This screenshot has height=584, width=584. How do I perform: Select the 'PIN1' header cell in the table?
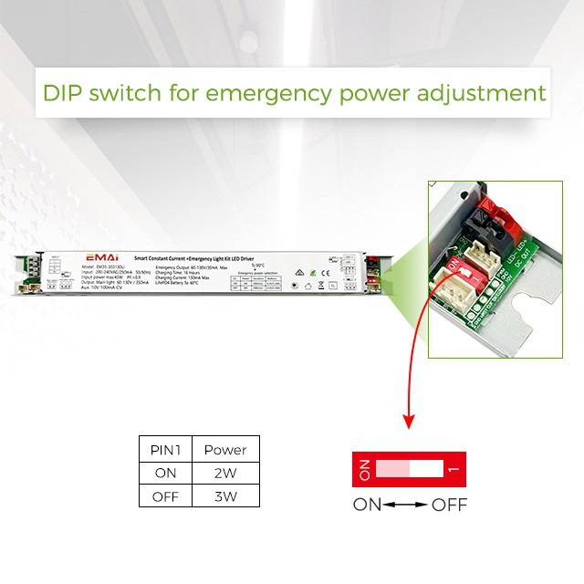point(165,450)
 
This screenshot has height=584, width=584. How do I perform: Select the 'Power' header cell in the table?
point(224,450)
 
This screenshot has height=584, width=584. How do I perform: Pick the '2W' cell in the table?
point(224,473)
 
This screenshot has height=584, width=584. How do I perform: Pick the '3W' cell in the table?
point(224,496)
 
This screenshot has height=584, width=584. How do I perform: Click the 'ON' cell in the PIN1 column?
point(165,473)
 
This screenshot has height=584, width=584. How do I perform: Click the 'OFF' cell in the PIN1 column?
point(165,496)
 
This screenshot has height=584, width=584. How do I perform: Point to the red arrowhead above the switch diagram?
point(409,422)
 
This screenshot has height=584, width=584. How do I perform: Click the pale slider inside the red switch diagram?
point(393,469)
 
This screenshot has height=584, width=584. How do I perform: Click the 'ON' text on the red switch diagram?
point(363,469)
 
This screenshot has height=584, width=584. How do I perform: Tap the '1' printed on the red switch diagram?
point(454,469)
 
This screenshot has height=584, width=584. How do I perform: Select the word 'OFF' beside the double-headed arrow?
point(449,505)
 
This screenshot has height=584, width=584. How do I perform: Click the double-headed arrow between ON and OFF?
point(406,505)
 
